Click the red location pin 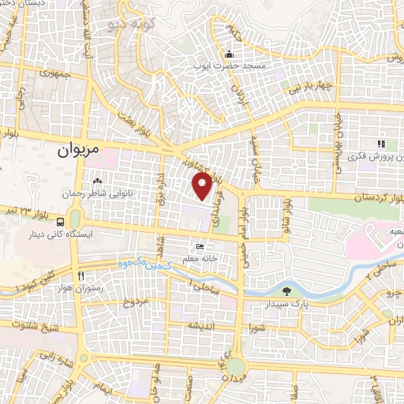(202, 186)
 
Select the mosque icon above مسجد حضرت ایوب (229, 54)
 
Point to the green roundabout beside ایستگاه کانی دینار (75, 217)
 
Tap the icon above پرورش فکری (380, 144)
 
